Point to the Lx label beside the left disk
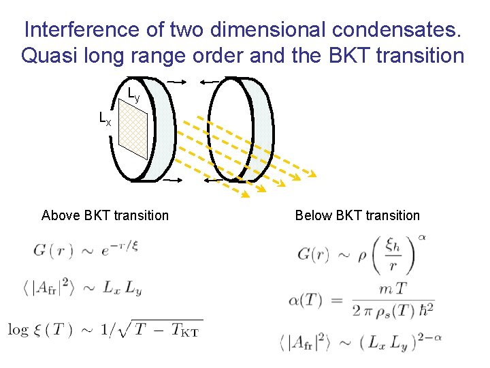coord(105,119)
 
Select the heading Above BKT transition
coord(105,216)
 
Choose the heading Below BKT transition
coord(357,216)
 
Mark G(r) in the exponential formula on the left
coord(52,250)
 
